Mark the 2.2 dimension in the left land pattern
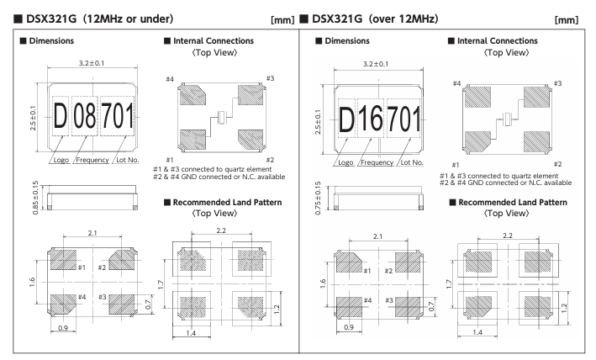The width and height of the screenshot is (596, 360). pyautogui.click(x=221, y=230)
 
